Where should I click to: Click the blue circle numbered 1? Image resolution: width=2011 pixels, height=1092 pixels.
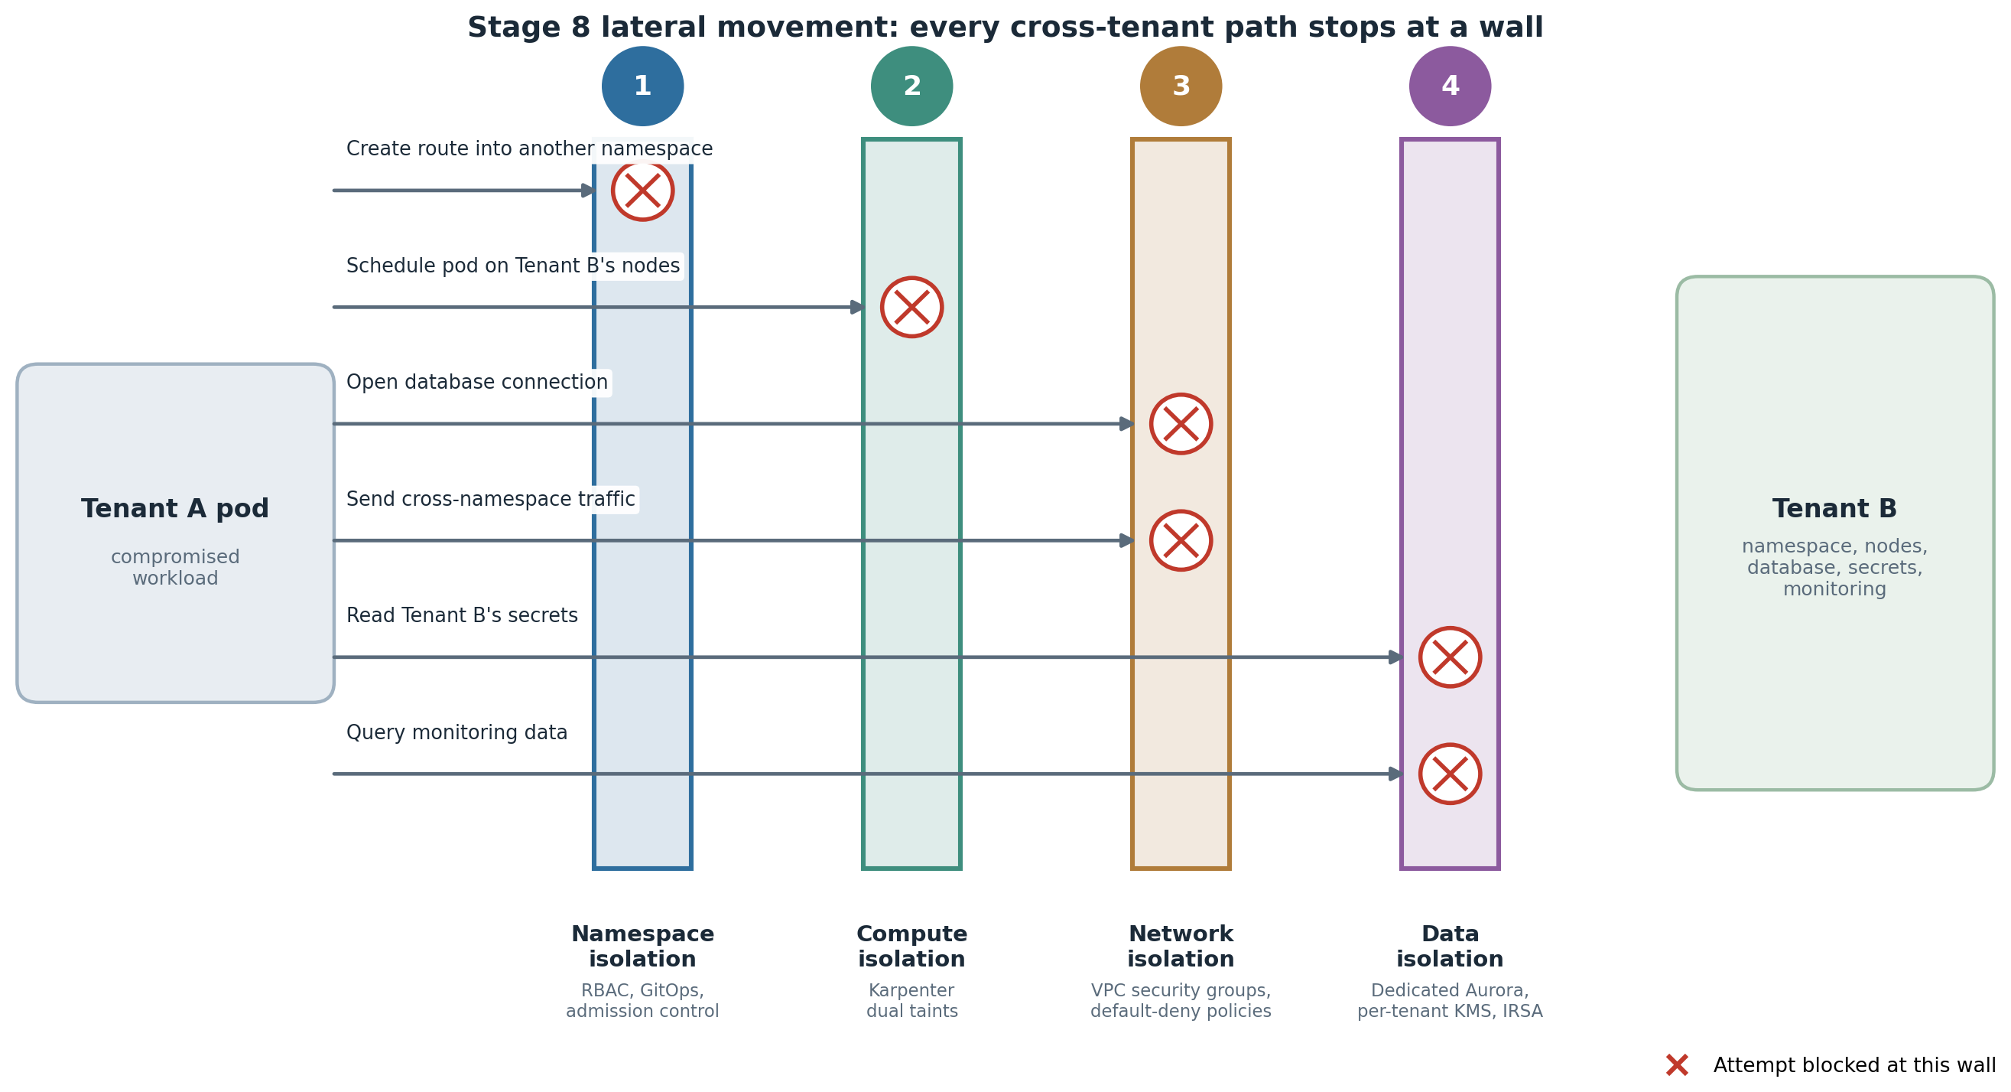(x=642, y=86)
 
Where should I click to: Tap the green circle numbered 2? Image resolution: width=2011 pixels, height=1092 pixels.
(x=911, y=86)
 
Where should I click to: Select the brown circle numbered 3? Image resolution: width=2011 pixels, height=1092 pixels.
(x=1181, y=86)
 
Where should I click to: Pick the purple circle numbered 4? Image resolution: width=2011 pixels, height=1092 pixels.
(x=1451, y=86)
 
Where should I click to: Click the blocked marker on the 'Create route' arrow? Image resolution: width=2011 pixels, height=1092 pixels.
(x=642, y=191)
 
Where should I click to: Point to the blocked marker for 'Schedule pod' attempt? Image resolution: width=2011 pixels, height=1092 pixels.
(x=911, y=307)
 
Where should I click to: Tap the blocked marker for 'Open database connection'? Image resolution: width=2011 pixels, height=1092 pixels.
(x=1181, y=424)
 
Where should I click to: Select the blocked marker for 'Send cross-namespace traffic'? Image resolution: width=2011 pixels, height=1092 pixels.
(x=1181, y=540)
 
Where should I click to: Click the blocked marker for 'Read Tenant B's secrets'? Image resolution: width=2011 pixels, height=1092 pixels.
(x=1451, y=657)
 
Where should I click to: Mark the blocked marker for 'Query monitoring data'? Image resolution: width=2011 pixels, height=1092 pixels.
(x=1451, y=774)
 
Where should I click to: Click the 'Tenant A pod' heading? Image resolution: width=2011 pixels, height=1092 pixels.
(x=175, y=509)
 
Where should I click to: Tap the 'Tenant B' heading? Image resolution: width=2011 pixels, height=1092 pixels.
(x=1834, y=509)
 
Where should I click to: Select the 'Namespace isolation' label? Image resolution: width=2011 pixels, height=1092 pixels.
(x=642, y=947)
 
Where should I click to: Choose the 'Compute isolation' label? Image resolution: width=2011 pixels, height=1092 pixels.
(x=911, y=947)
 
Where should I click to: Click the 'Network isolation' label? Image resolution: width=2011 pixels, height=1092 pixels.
(x=1181, y=947)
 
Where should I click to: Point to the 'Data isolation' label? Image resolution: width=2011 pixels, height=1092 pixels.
(x=1451, y=947)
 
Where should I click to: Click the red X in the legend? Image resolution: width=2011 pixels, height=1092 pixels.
(x=1677, y=1065)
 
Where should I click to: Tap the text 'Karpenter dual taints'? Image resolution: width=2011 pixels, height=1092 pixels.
(x=911, y=1001)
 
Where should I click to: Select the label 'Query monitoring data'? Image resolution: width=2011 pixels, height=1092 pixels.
(x=456, y=732)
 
